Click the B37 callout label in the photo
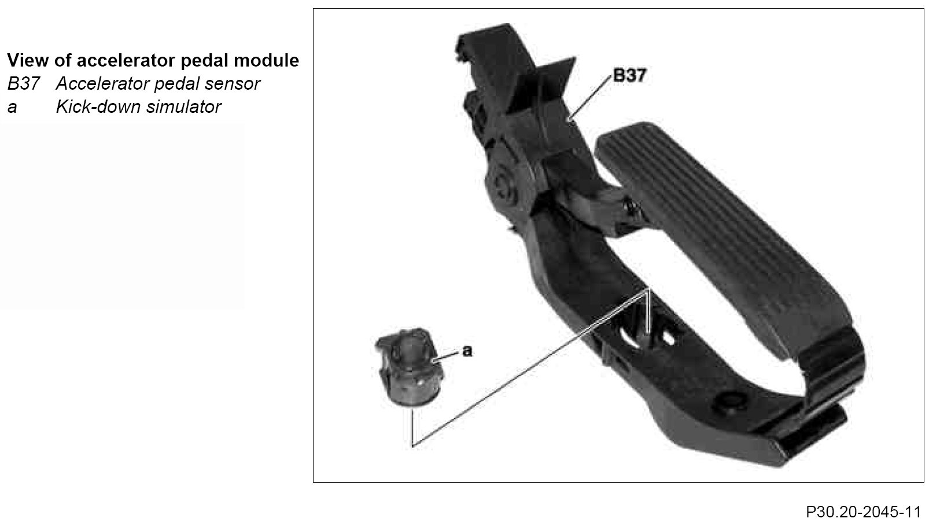[629, 75]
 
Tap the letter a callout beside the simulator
[467, 351]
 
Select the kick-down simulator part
[409, 367]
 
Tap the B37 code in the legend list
[23, 84]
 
